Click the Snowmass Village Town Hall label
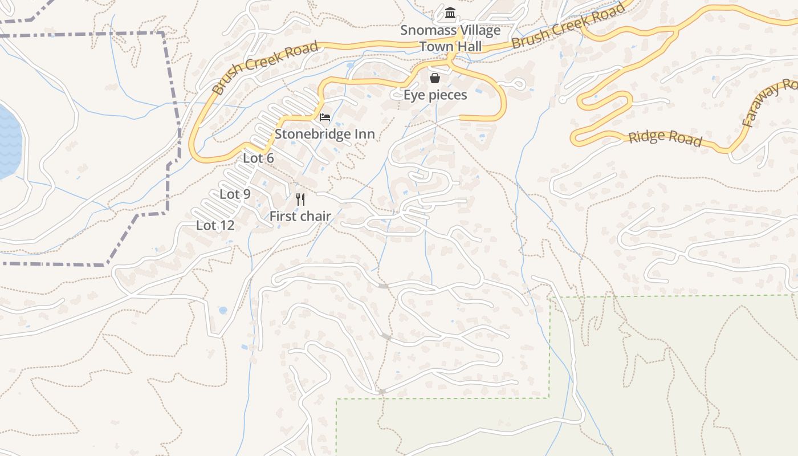tap(450, 38)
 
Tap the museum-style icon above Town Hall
tap(450, 13)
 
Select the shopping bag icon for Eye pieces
tap(435, 78)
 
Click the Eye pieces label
tap(435, 95)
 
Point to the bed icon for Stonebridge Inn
tap(325, 117)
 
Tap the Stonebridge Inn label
tap(325, 134)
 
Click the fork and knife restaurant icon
tap(300, 199)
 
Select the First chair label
tap(300, 216)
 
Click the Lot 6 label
tap(258, 158)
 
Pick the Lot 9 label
tap(235, 194)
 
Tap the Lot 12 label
tap(215, 225)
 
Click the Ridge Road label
tap(665, 138)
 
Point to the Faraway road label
tap(769, 103)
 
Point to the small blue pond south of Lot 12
tap(222, 311)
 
